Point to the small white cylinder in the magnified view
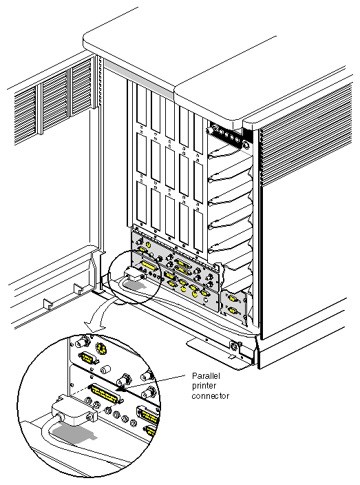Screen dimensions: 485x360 pos(105,369)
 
